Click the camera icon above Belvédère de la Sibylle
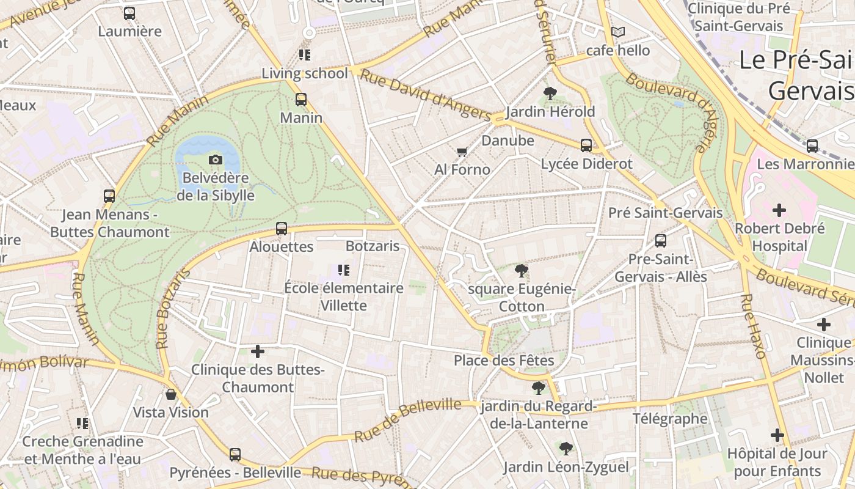pos(216,160)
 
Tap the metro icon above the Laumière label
pos(129,13)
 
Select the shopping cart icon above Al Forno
pos(462,152)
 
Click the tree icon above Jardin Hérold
pos(550,94)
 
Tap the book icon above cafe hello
pos(618,32)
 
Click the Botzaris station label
pos(373,246)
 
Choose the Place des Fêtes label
pos(504,360)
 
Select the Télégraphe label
pos(670,419)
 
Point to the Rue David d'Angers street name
pos(425,94)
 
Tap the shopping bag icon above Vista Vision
pos(171,395)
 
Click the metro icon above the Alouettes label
pos(282,229)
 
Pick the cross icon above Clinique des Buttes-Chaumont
pos(258,351)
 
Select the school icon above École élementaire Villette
pos(344,270)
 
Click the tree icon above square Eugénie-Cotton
pos(521,270)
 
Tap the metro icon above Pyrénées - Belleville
pos(235,455)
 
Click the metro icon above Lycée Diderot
pos(586,145)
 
